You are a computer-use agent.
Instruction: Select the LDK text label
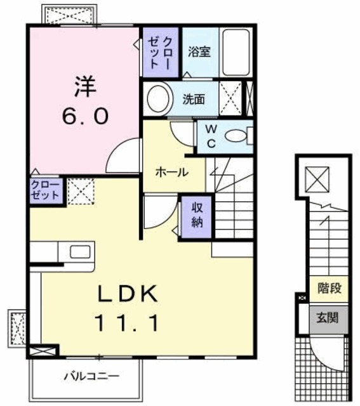pyautogui.click(x=128, y=296)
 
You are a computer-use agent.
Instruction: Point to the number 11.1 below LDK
pyautogui.click(x=127, y=324)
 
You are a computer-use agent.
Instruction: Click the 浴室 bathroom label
pyautogui.click(x=199, y=51)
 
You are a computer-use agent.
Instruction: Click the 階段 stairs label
pyautogui.click(x=330, y=289)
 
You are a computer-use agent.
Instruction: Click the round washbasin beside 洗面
pyautogui.click(x=158, y=98)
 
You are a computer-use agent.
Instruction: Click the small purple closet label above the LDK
pyautogui.click(x=44, y=190)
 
